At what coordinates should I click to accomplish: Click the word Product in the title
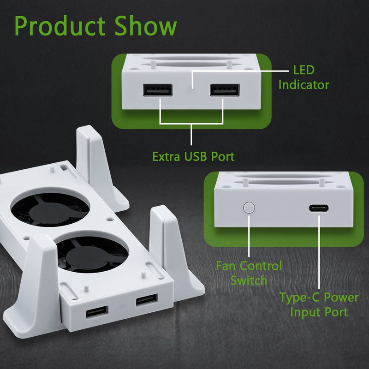(x=60, y=27)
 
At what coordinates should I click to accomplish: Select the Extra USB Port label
(x=193, y=156)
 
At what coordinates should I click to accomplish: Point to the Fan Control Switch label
(x=249, y=273)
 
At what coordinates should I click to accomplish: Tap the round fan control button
(x=249, y=207)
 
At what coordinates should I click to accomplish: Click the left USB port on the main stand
(x=97, y=312)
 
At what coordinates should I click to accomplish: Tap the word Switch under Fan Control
(x=249, y=280)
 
